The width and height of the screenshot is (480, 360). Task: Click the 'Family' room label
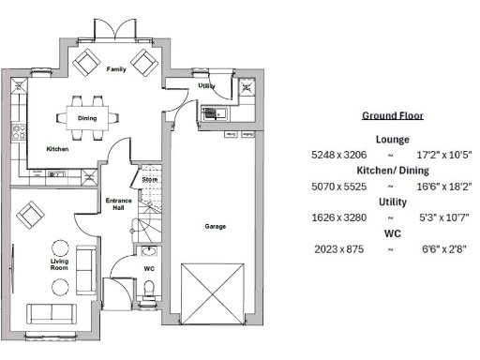point(115,69)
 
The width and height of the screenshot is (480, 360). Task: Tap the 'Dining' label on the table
point(87,118)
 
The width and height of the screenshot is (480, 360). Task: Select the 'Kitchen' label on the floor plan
point(58,149)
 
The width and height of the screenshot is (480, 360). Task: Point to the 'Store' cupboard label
point(150,178)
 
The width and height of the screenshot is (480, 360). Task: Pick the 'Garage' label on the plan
point(215,226)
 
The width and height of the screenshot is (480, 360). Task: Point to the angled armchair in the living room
point(30,216)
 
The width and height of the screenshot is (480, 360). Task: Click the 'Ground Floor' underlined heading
point(392,116)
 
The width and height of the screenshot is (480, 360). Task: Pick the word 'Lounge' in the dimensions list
point(392,139)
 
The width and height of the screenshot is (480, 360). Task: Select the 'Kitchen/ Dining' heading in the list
point(392,171)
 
